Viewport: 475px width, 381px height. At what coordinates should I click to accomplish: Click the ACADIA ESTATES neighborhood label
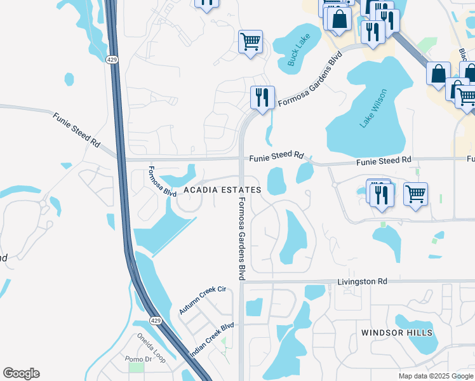tap(222, 190)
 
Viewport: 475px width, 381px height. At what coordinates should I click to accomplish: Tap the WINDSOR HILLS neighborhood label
tap(396, 333)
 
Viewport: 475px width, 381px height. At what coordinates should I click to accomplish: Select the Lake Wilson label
tap(373, 109)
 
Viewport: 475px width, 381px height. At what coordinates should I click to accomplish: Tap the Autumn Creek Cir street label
tap(203, 300)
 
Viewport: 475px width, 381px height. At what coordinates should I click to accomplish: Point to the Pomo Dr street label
tap(138, 359)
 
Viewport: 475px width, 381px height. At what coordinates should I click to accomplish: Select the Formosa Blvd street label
tap(161, 182)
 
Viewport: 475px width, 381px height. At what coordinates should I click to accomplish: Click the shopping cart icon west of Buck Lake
tap(250, 42)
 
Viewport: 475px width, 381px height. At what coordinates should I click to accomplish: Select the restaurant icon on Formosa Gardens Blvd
tap(262, 97)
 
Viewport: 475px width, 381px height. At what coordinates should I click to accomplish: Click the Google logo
tap(21, 373)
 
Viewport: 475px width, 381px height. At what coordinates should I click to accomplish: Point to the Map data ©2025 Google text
tap(435, 376)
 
